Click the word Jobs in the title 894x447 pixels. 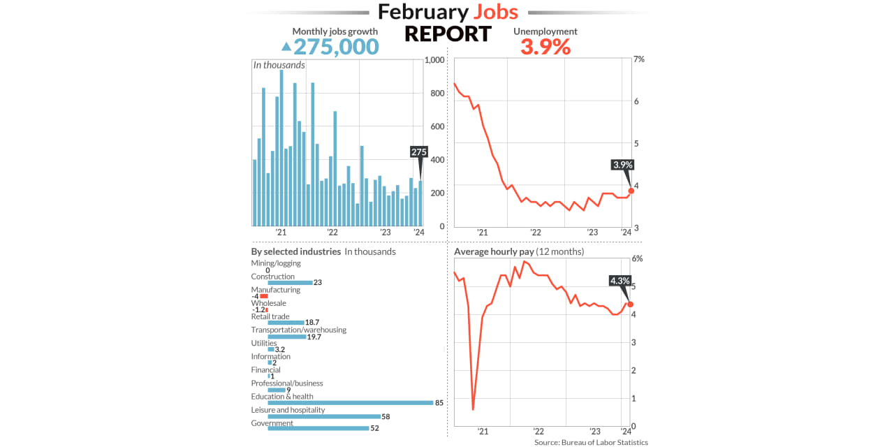[x=496, y=12]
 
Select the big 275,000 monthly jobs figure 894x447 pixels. [x=336, y=47]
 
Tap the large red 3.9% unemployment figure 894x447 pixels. [x=545, y=47]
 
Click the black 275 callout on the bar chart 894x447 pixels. [x=419, y=152]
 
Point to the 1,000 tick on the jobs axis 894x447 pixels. [x=434, y=60]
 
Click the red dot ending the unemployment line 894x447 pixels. [x=631, y=191]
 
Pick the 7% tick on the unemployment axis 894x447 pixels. [x=638, y=59]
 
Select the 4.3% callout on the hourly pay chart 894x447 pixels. [x=620, y=281]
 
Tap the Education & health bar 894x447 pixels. [x=351, y=402]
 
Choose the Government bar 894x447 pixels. [x=318, y=428]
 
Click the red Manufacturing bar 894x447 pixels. [x=264, y=296]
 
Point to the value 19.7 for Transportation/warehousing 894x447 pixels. [x=314, y=337]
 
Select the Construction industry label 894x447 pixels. [x=272, y=277]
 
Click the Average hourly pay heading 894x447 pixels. [x=518, y=251]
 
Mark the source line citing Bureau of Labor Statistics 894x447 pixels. [x=591, y=442]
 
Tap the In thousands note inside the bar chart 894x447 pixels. [x=279, y=65]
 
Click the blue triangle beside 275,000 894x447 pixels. [x=286, y=47]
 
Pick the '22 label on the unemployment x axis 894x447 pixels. [x=536, y=233]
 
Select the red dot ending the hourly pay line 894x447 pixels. [x=630, y=304]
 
